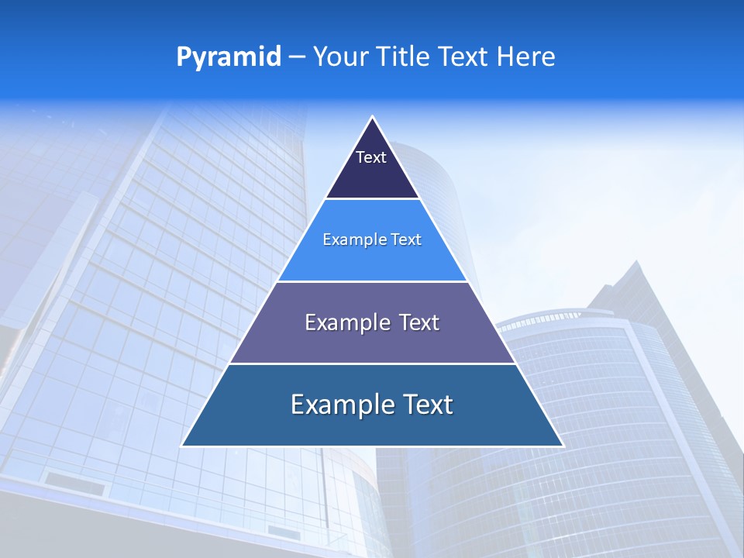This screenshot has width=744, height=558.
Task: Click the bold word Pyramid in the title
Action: [x=229, y=57]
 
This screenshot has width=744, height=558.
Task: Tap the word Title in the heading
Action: [x=404, y=57]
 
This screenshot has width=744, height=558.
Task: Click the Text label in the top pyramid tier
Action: [x=371, y=157]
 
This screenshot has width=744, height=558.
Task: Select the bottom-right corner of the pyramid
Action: [x=563, y=446]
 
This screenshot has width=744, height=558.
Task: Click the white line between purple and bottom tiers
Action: [x=373, y=363]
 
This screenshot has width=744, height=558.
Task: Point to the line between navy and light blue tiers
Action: [x=373, y=199]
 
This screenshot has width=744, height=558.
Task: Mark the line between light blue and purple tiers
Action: [x=373, y=281]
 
